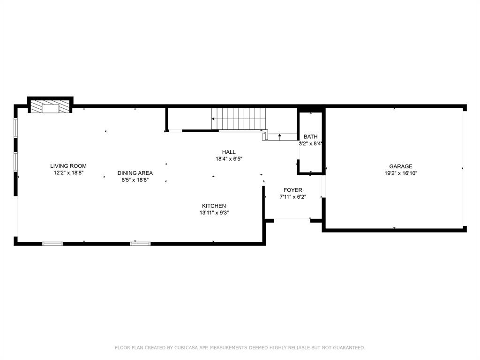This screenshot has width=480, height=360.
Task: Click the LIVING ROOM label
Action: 68,166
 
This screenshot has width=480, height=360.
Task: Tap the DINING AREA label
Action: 135,173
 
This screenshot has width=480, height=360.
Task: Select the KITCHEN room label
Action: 214,206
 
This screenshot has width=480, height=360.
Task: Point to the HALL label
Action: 229,152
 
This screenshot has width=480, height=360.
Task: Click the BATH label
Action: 311,136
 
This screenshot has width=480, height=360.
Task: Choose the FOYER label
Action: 293,190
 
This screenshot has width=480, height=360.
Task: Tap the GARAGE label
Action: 401,166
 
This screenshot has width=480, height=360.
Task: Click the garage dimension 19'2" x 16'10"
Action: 401,173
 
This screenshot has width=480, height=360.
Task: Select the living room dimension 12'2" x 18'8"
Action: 68,173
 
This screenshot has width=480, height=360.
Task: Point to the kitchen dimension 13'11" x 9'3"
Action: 214,213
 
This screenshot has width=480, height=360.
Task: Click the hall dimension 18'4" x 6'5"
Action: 229,159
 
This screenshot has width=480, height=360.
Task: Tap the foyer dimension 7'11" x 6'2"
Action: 293,197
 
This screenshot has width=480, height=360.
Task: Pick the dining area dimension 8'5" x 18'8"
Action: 135,180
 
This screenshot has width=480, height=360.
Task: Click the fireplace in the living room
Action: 50,106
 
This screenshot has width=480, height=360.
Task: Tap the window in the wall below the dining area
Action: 140,244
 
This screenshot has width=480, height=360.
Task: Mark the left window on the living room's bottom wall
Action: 52,244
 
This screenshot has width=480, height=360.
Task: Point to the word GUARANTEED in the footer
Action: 349,348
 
